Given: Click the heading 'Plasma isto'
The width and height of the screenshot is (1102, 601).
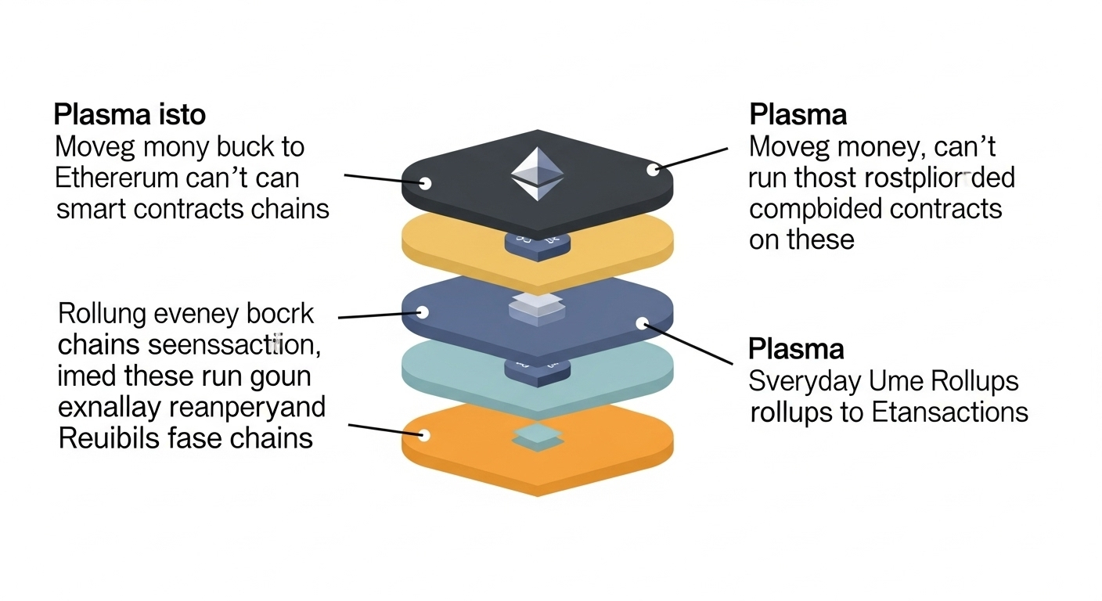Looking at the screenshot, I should click(x=129, y=115).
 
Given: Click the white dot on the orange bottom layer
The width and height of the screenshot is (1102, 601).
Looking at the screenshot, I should click(x=424, y=435).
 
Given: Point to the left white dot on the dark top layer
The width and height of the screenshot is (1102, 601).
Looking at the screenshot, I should click(x=426, y=183).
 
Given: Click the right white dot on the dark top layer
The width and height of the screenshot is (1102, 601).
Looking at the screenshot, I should click(x=651, y=168).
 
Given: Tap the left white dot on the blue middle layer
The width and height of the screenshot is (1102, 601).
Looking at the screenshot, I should click(x=423, y=312).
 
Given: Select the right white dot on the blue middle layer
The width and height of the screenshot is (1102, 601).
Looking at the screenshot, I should click(x=642, y=322).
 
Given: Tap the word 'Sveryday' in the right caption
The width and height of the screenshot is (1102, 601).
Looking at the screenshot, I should click(x=804, y=381).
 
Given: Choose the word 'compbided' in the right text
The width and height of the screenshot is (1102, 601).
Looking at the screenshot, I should click(x=811, y=209).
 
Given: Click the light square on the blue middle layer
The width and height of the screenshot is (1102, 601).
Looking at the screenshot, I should click(x=536, y=307).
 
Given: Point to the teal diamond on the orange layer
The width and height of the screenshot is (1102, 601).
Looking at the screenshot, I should click(x=536, y=437).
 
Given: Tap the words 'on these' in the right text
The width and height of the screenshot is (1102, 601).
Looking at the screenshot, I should click(x=801, y=239).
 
